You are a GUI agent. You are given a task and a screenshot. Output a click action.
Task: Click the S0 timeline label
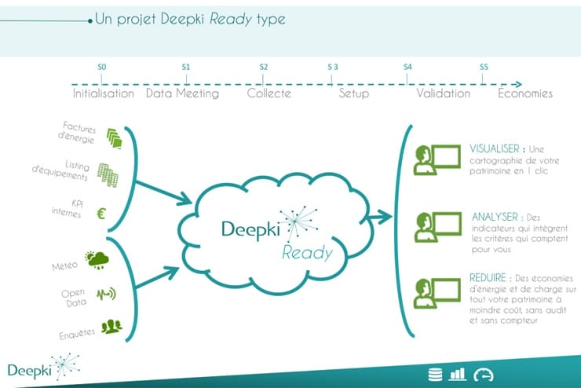tap(102, 68)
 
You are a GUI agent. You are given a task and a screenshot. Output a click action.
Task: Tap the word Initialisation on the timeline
tap(103, 93)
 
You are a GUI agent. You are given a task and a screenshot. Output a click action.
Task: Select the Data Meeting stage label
tap(183, 93)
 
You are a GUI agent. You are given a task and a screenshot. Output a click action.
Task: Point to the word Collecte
tap(269, 93)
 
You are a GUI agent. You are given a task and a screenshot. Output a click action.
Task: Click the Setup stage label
tap(353, 93)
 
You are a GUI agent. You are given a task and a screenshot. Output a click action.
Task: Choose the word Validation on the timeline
tap(443, 93)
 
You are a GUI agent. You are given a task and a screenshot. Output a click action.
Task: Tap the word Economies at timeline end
tap(525, 93)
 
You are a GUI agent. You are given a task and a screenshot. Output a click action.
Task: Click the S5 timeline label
tap(484, 68)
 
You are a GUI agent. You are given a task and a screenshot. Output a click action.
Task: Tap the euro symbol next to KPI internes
tap(102, 212)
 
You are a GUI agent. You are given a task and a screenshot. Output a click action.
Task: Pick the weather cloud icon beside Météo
tap(97, 259)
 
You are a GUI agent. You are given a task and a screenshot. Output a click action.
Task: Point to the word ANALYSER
tap(495, 215)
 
